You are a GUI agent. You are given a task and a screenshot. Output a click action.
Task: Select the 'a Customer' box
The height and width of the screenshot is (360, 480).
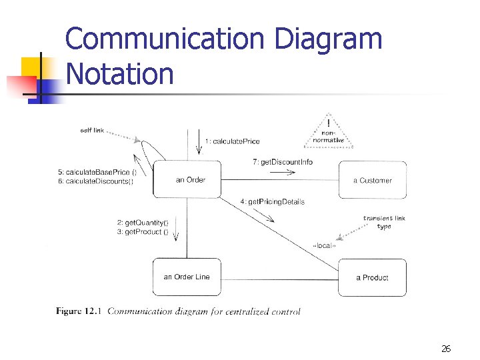coord(372,180)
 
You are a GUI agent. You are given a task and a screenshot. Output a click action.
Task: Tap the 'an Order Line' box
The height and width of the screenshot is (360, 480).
coord(187,277)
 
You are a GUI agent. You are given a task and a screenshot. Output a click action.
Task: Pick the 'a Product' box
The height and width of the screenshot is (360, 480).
coord(372,277)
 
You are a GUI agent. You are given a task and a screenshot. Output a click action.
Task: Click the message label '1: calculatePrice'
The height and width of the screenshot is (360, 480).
coord(233,141)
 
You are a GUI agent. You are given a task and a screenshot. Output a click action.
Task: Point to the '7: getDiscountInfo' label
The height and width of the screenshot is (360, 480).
coord(283,161)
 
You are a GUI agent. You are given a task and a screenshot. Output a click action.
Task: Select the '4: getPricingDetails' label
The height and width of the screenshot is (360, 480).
coord(272,201)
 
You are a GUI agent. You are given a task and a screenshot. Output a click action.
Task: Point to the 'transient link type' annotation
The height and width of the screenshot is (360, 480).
coord(384,222)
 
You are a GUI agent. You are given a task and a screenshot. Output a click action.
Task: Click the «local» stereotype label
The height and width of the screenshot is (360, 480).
coord(324,246)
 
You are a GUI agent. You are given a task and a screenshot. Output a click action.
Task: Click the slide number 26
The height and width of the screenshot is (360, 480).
coord(446,349)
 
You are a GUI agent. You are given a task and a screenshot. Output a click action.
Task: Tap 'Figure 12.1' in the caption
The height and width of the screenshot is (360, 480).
coord(78,311)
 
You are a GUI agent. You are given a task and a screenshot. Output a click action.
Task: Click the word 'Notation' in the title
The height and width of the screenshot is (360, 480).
coord(120,73)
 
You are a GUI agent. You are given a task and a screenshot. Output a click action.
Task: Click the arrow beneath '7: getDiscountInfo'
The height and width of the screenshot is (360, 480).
coord(282,172)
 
